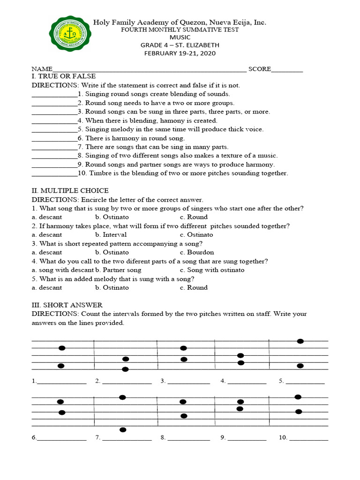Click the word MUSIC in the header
[x=180, y=37]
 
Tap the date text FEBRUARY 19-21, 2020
[x=180, y=53]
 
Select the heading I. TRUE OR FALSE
[x=63, y=76]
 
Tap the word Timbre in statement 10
[x=100, y=173]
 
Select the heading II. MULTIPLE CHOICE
[x=70, y=190]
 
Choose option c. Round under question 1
[x=194, y=217]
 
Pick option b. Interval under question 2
[x=111, y=234]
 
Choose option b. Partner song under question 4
[x=118, y=270]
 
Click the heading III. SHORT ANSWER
[x=67, y=305]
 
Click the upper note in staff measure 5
[x=300, y=341]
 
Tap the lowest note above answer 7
[x=123, y=429]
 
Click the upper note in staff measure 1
[x=61, y=348]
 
